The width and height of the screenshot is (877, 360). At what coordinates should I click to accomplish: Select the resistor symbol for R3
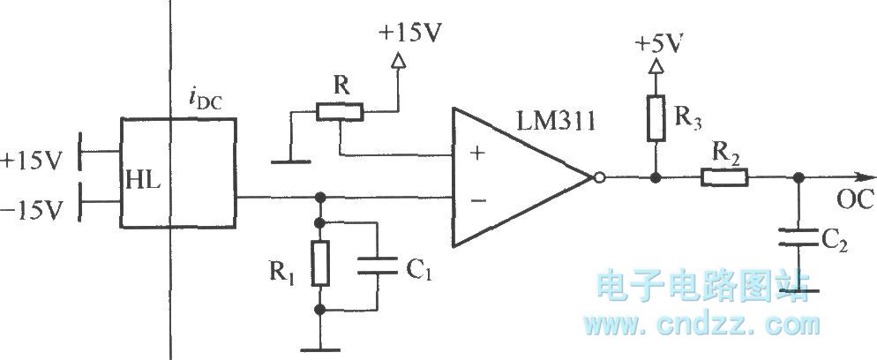(x=654, y=119)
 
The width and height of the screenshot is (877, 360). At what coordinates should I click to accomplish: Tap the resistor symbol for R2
(x=725, y=177)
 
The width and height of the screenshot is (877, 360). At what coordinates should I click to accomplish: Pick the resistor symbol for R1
(x=320, y=262)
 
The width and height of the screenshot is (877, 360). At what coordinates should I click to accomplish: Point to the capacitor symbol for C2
(x=798, y=236)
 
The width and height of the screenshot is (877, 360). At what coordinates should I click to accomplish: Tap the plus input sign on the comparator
(x=477, y=153)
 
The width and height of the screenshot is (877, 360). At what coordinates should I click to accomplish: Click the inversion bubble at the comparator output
(x=598, y=177)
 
